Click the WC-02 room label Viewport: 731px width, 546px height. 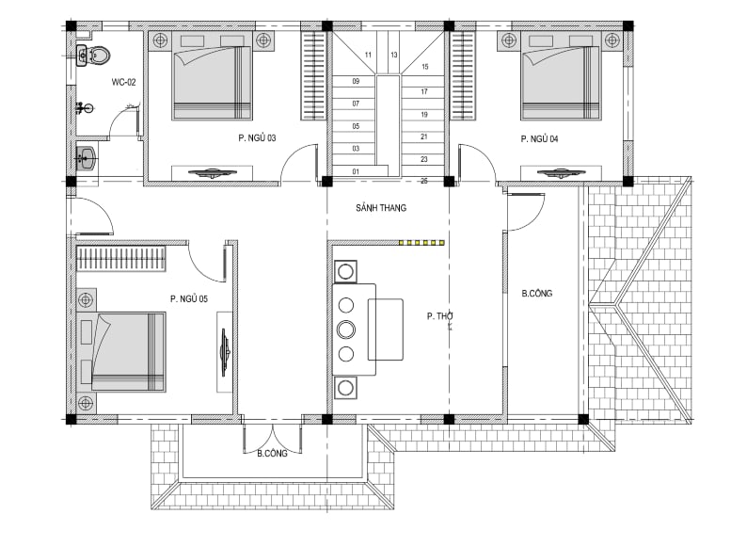(123, 82)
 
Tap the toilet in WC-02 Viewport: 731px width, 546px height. (99, 56)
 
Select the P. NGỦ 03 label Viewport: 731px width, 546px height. (257, 137)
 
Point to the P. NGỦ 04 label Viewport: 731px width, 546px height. (539, 138)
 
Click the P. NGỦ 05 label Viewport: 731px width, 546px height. (189, 298)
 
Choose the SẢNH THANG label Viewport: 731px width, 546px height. (381, 208)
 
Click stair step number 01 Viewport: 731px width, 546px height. (356, 171)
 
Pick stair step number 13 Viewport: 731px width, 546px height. (394, 55)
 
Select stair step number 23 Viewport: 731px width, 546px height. (423, 159)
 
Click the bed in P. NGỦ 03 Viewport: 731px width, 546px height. (213, 76)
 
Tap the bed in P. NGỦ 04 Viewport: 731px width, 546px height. (561, 76)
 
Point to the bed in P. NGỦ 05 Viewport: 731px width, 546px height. (121, 352)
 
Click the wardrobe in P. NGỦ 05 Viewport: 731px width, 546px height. (121, 259)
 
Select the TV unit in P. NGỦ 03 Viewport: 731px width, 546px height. (212, 173)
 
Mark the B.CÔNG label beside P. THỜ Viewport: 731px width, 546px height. (536, 294)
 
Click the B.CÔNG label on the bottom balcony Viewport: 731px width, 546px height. (272, 453)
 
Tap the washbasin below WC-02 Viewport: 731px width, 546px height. (86, 158)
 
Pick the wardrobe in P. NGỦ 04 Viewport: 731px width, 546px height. (463, 75)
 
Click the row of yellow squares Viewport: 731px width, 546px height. (421, 243)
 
